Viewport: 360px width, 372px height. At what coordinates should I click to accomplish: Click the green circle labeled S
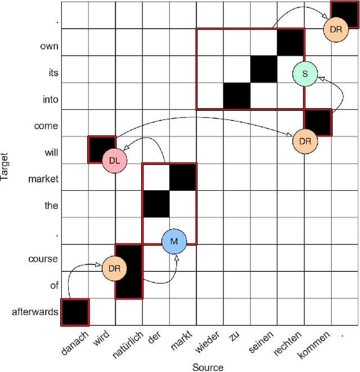[305, 73]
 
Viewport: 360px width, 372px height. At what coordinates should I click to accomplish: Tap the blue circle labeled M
[174, 241]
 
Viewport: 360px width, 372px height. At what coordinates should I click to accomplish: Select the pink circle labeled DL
[115, 161]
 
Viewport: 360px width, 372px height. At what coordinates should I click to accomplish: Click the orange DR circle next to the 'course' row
[114, 268]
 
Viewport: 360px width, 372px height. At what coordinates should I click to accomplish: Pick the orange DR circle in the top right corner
[336, 29]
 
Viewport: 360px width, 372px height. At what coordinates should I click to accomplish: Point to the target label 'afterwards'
[35, 312]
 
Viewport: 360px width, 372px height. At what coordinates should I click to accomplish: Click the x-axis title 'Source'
[208, 367]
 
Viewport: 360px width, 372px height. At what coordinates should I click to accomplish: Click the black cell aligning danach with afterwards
[75, 312]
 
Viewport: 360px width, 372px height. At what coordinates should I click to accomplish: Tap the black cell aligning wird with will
[102, 150]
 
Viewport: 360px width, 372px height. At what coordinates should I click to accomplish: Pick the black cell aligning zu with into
[237, 96]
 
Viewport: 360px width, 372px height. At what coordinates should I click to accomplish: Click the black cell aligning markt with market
[183, 177]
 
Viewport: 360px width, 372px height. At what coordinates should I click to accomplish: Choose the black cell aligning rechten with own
[291, 42]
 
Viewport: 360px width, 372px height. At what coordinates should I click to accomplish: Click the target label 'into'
[50, 100]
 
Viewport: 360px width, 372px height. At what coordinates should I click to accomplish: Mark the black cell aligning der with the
[156, 204]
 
